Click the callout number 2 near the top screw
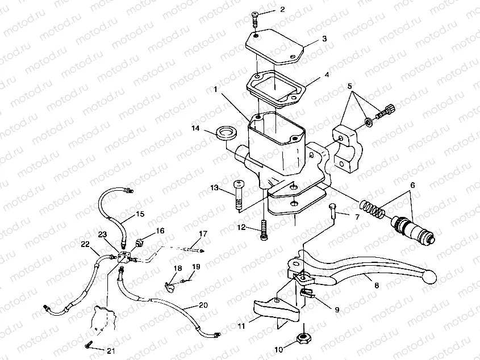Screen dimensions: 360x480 (282, 10)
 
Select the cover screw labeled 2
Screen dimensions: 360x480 (254, 18)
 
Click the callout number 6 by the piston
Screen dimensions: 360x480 (412, 185)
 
